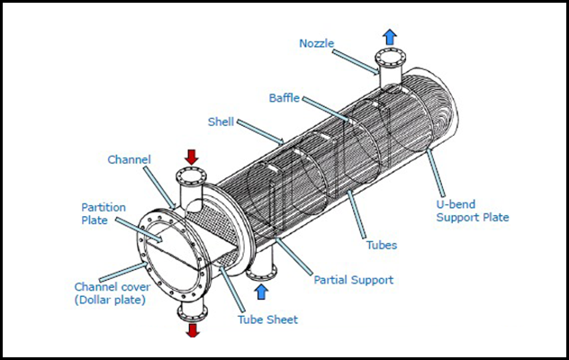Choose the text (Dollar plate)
(x=109, y=300)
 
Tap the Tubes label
(x=383, y=244)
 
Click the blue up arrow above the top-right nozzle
(x=389, y=36)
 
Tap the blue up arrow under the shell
(x=262, y=291)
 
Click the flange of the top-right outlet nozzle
(x=389, y=59)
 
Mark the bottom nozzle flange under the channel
(x=192, y=311)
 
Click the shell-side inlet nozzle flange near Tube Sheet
(x=260, y=273)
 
